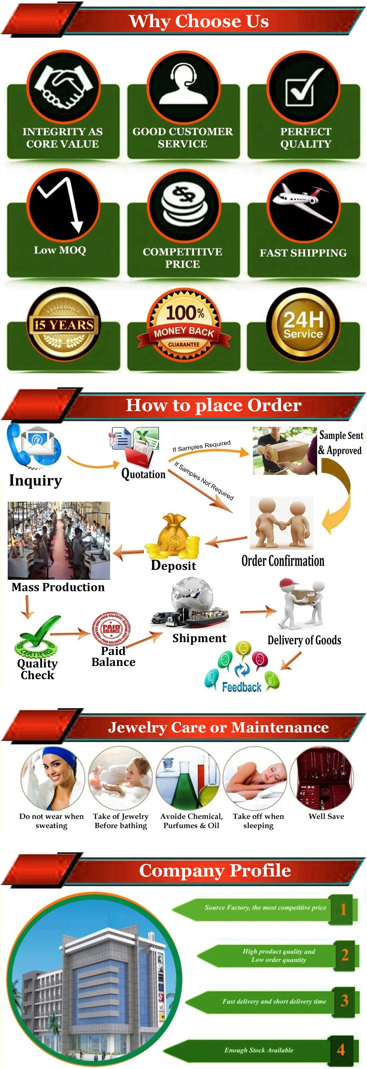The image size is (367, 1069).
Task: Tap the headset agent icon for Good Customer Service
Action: point(183,85)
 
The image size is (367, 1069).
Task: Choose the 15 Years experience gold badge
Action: point(63,324)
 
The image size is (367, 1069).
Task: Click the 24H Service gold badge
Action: point(303,324)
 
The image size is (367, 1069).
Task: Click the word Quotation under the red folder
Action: point(143,474)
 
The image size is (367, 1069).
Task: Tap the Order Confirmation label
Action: point(283,561)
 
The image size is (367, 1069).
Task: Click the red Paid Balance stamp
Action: point(111,628)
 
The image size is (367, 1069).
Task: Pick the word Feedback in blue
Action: point(241,687)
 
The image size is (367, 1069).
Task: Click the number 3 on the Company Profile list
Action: point(344,1000)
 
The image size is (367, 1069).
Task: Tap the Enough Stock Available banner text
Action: point(259,1050)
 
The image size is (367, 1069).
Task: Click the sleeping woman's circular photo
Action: point(255,778)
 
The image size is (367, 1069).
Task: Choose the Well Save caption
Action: point(326,816)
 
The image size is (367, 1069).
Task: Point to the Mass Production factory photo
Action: point(59,540)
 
